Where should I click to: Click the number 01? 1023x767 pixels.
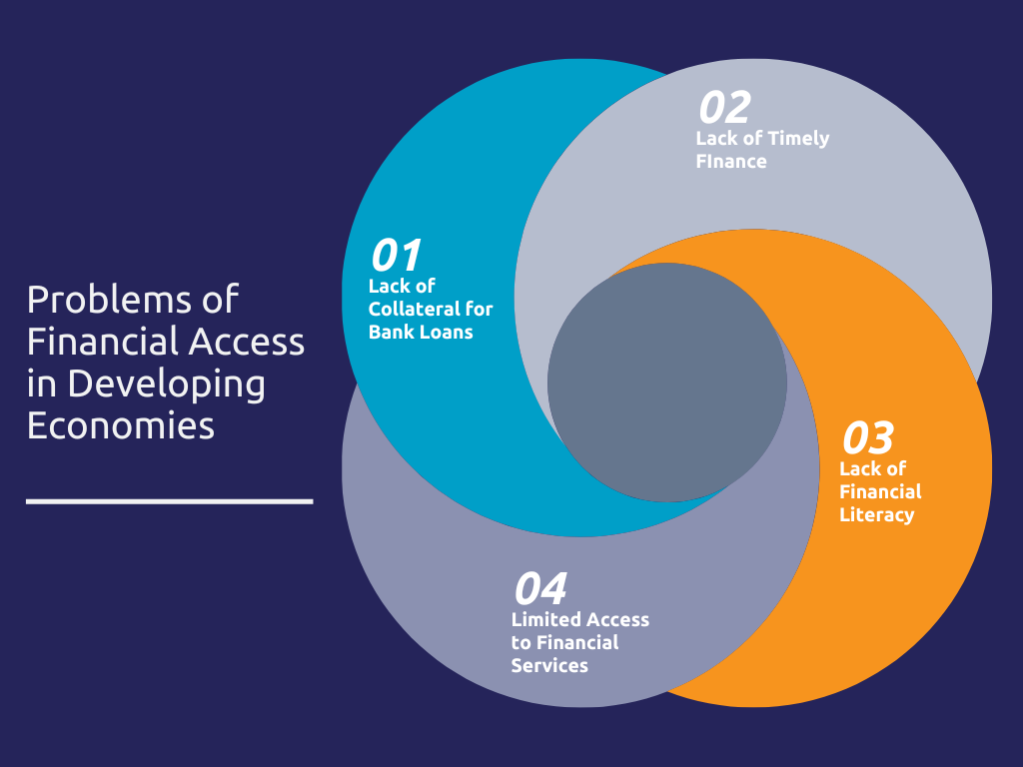pyautogui.click(x=396, y=255)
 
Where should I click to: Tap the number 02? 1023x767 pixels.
pyautogui.click(x=725, y=107)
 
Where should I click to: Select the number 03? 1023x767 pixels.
pyautogui.click(x=868, y=437)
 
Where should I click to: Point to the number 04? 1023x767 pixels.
pyautogui.click(x=540, y=588)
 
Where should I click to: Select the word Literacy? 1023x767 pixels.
pyautogui.click(x=877, y=515)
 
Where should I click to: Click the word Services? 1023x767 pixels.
pyautogui.click(x=549, y=666)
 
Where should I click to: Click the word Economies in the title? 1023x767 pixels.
pyautogui.click(x=121, y=425)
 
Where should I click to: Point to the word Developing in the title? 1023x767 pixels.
pyautogui.click(x=167, y=384)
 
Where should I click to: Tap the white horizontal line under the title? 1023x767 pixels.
pyautogui.click(x=170, y=501)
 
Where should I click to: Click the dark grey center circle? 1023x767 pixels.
pyautogui.click(x=666, y=383)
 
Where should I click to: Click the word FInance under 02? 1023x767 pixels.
pyautogui.click(x=731, y=162)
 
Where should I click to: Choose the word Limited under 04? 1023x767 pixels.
pyautogui.click(x=548, y=619)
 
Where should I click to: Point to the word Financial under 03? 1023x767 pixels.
pyautogui.click(x=880, y=491)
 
